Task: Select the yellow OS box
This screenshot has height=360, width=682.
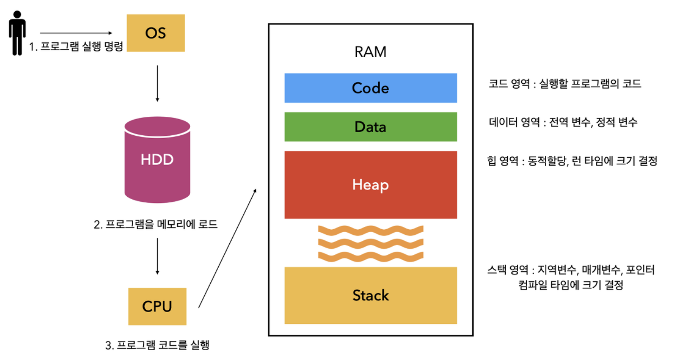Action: [156, 33]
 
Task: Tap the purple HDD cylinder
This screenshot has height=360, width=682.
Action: [157, 160]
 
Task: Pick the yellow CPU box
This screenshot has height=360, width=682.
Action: [157, 307]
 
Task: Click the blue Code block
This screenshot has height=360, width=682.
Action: [370, 88]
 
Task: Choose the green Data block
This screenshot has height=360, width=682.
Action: [370, 127]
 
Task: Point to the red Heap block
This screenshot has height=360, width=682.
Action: [370, 185]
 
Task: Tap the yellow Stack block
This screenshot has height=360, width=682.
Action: [370, 295]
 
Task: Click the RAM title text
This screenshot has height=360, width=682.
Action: [370, 52]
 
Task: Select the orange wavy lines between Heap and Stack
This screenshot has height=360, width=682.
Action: [370, 242]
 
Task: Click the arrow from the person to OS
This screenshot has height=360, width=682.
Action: [77, 33]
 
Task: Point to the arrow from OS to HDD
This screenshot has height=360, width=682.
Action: [157, 84]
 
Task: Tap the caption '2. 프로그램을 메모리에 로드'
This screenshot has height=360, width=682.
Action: [156, 225]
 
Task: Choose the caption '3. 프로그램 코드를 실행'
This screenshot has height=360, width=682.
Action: [157, 345]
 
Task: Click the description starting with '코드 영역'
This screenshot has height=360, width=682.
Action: [565, 84]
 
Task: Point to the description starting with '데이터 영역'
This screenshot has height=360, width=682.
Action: [563, 123]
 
